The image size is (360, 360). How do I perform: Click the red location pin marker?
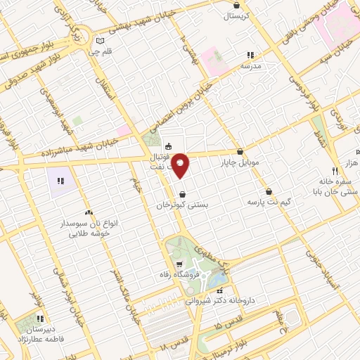(x=181, y=165)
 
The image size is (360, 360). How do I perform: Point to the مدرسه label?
(x=250, y=65)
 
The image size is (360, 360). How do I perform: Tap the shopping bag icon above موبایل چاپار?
(x=240, y=151)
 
